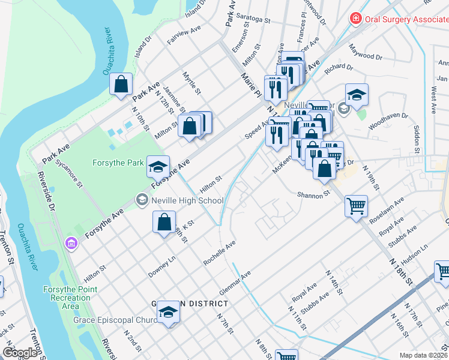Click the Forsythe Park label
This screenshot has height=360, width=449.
pos(118,163)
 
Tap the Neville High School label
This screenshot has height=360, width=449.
pos(187,200)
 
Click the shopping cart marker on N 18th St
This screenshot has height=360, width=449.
pos(356,207)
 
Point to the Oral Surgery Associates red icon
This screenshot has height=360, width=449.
pos(356,19)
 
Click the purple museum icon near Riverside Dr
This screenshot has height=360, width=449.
pos(71,243)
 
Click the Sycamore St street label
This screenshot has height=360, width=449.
pos(68,174)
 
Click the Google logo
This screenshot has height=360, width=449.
pos(20,353)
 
